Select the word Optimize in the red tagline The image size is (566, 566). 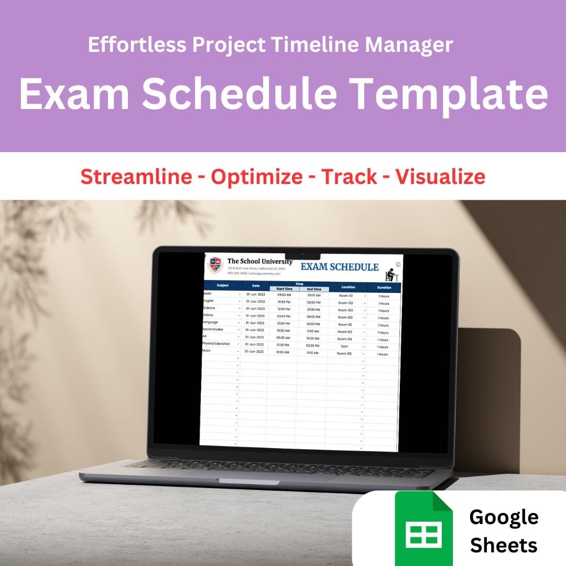point(256,177)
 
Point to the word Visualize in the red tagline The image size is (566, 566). point(440,177)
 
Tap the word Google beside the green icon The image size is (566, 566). point(504,517)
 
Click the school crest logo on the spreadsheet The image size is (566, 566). point(215,265)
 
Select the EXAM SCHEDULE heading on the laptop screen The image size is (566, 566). point(340,267)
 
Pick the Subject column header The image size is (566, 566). point(223,286)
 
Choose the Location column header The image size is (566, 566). point(348,287)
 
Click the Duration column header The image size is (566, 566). point(384,288)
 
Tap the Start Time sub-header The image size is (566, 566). point(285,289)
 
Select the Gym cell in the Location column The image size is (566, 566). point(344,346)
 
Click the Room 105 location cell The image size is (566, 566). point(344,354)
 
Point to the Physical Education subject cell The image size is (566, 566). point(216,344)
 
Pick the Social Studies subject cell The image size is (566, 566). point(213,330)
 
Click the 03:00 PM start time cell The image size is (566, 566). point(284,316)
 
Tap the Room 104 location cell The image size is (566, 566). point(345,339)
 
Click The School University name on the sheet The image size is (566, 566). point(260,261)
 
